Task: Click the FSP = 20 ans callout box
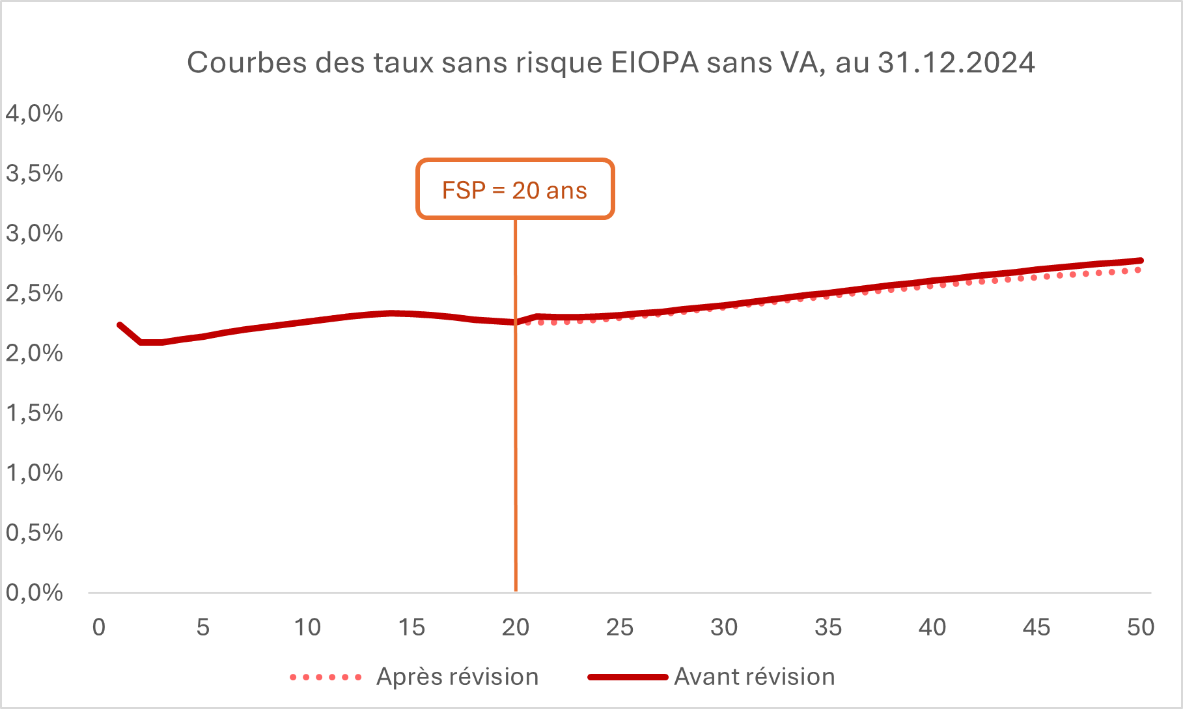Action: click(515, 189)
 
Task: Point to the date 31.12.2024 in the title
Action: click(956, 63)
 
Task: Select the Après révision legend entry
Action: click(457, 677)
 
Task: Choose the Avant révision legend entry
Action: click(754, 677)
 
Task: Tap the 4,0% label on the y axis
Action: click(35, 114)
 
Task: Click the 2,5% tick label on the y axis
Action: click(35, 294)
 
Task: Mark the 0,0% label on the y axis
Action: click(35, 593)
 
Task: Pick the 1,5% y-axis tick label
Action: click(35, 413)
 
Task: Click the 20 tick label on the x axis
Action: click(516, 628)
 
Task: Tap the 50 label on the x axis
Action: click(1141, 628)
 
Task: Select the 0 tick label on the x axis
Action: click(99, 628)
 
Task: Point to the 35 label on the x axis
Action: click(828, 628)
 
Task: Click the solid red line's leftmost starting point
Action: click(120, 325)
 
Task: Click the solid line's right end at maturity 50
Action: click(1141, 260)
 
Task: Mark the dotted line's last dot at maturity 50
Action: click(1138, 270)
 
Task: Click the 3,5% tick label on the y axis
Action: click(35, 174)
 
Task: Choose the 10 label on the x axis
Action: click(307, 628)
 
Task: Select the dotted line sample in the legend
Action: click(326, 678)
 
